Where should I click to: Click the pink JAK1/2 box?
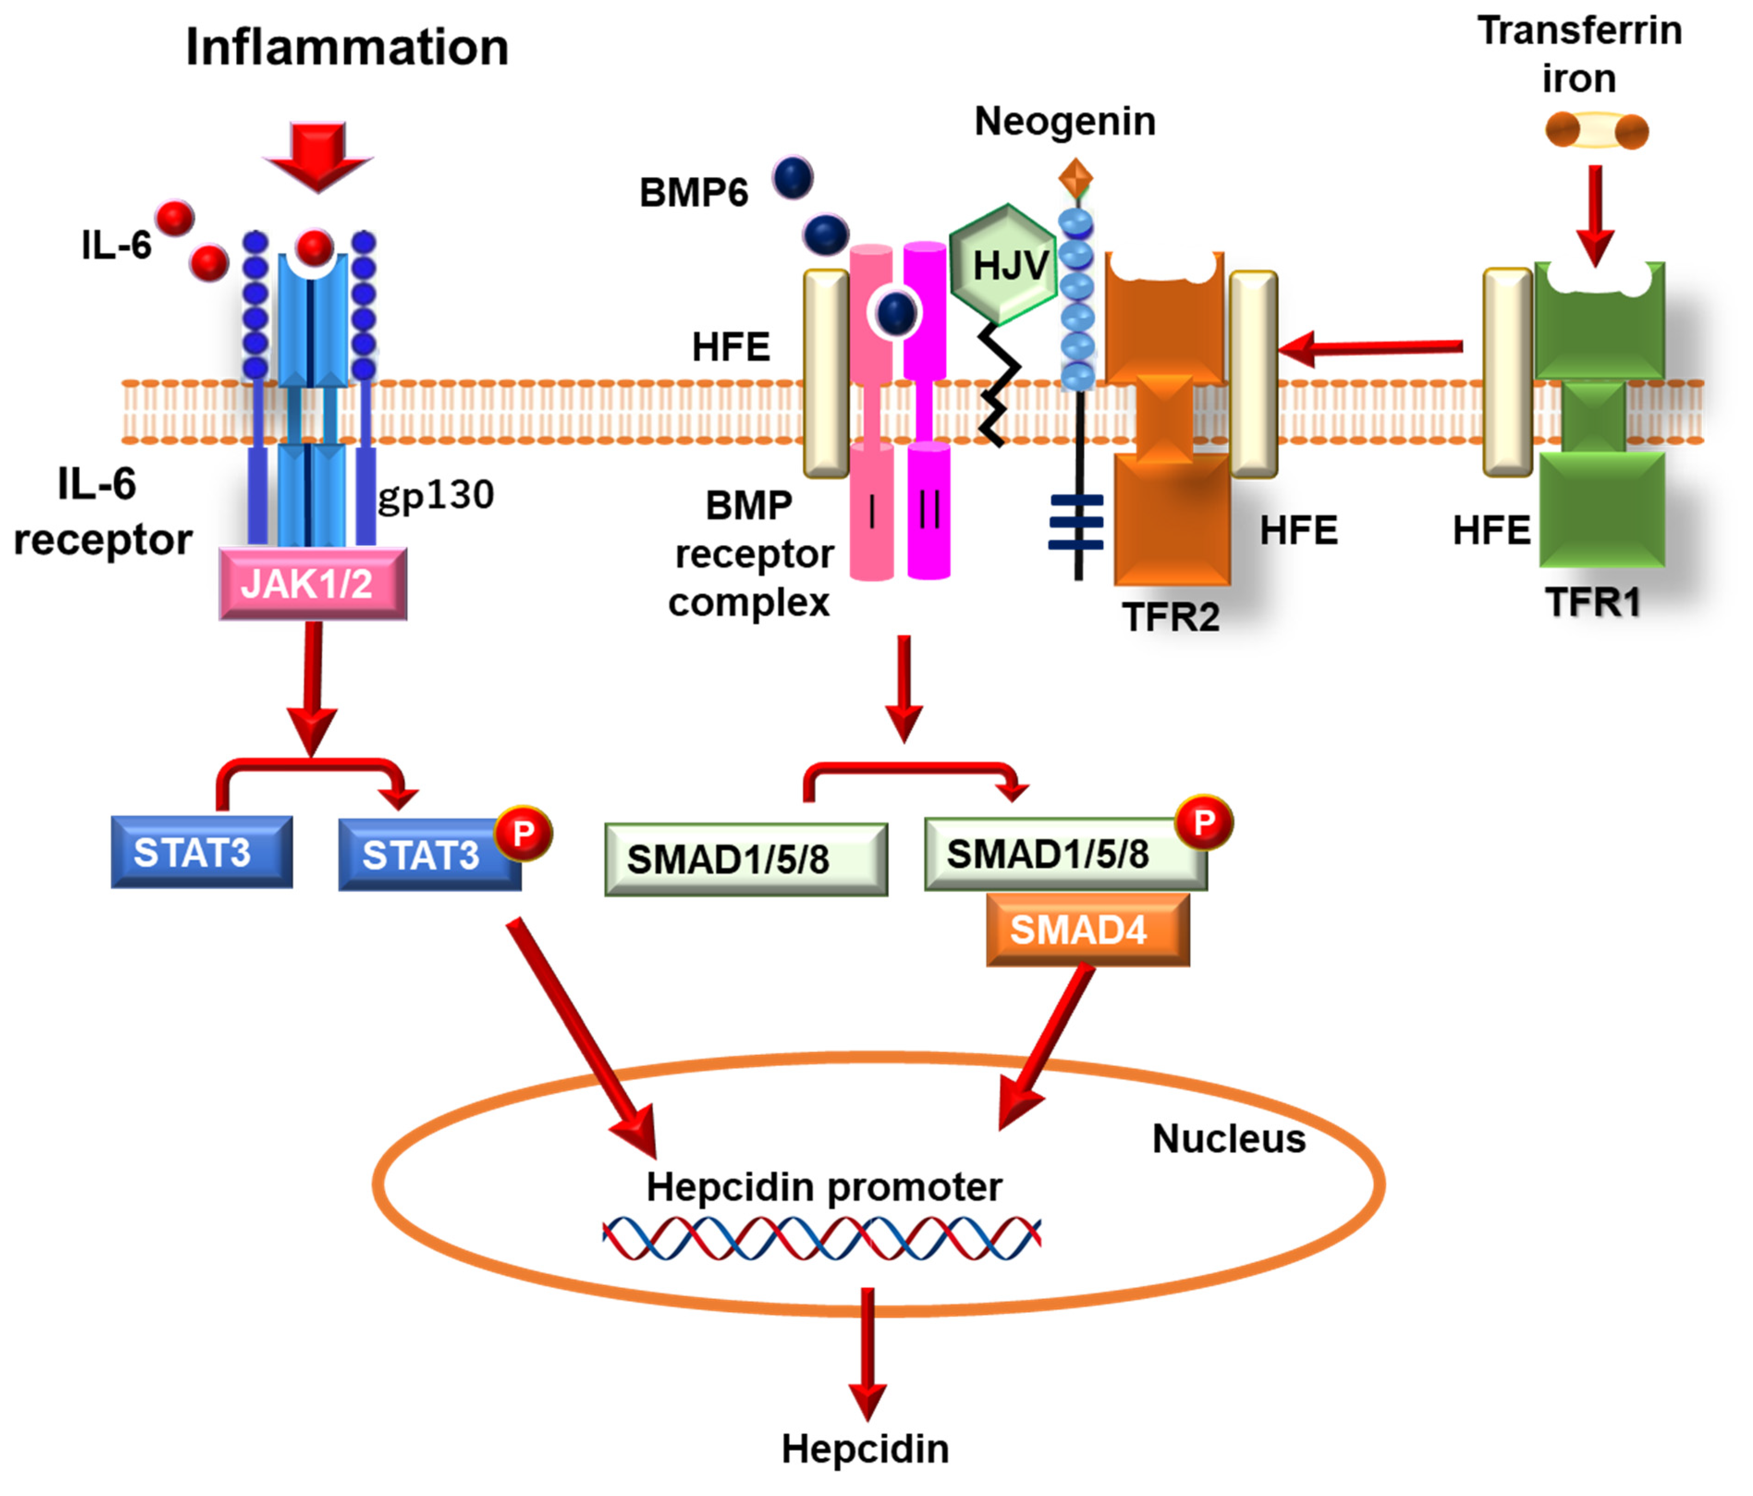(x=312, y=584)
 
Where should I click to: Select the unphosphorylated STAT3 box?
(x=202, y=852)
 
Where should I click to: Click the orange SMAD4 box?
(x=1087, y=930)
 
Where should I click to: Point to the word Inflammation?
(x=347, y=48)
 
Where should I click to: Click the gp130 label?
(x=436, y=494)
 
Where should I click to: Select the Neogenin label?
(x=1064, y=121)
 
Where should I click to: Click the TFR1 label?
(x=1592, y=603)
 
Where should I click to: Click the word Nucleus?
(x=1228, y=1139)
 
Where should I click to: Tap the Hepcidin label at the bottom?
(x=865, y=1448)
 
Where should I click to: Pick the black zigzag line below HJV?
(x=998, y=385)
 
